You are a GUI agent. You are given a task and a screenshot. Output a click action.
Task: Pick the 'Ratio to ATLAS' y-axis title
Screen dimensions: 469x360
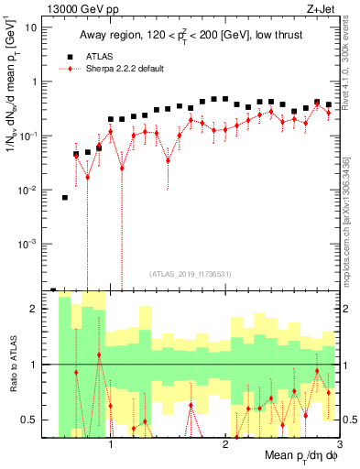13,365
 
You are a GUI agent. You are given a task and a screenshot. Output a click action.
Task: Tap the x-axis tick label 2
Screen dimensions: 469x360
225,445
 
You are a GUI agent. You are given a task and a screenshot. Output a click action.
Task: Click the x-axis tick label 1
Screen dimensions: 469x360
111,445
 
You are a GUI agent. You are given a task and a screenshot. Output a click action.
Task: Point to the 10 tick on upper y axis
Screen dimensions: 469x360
34,27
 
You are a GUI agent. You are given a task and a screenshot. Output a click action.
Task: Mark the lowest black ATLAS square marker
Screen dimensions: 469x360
53,289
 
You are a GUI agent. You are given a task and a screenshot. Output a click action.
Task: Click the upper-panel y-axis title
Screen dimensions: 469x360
13,92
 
